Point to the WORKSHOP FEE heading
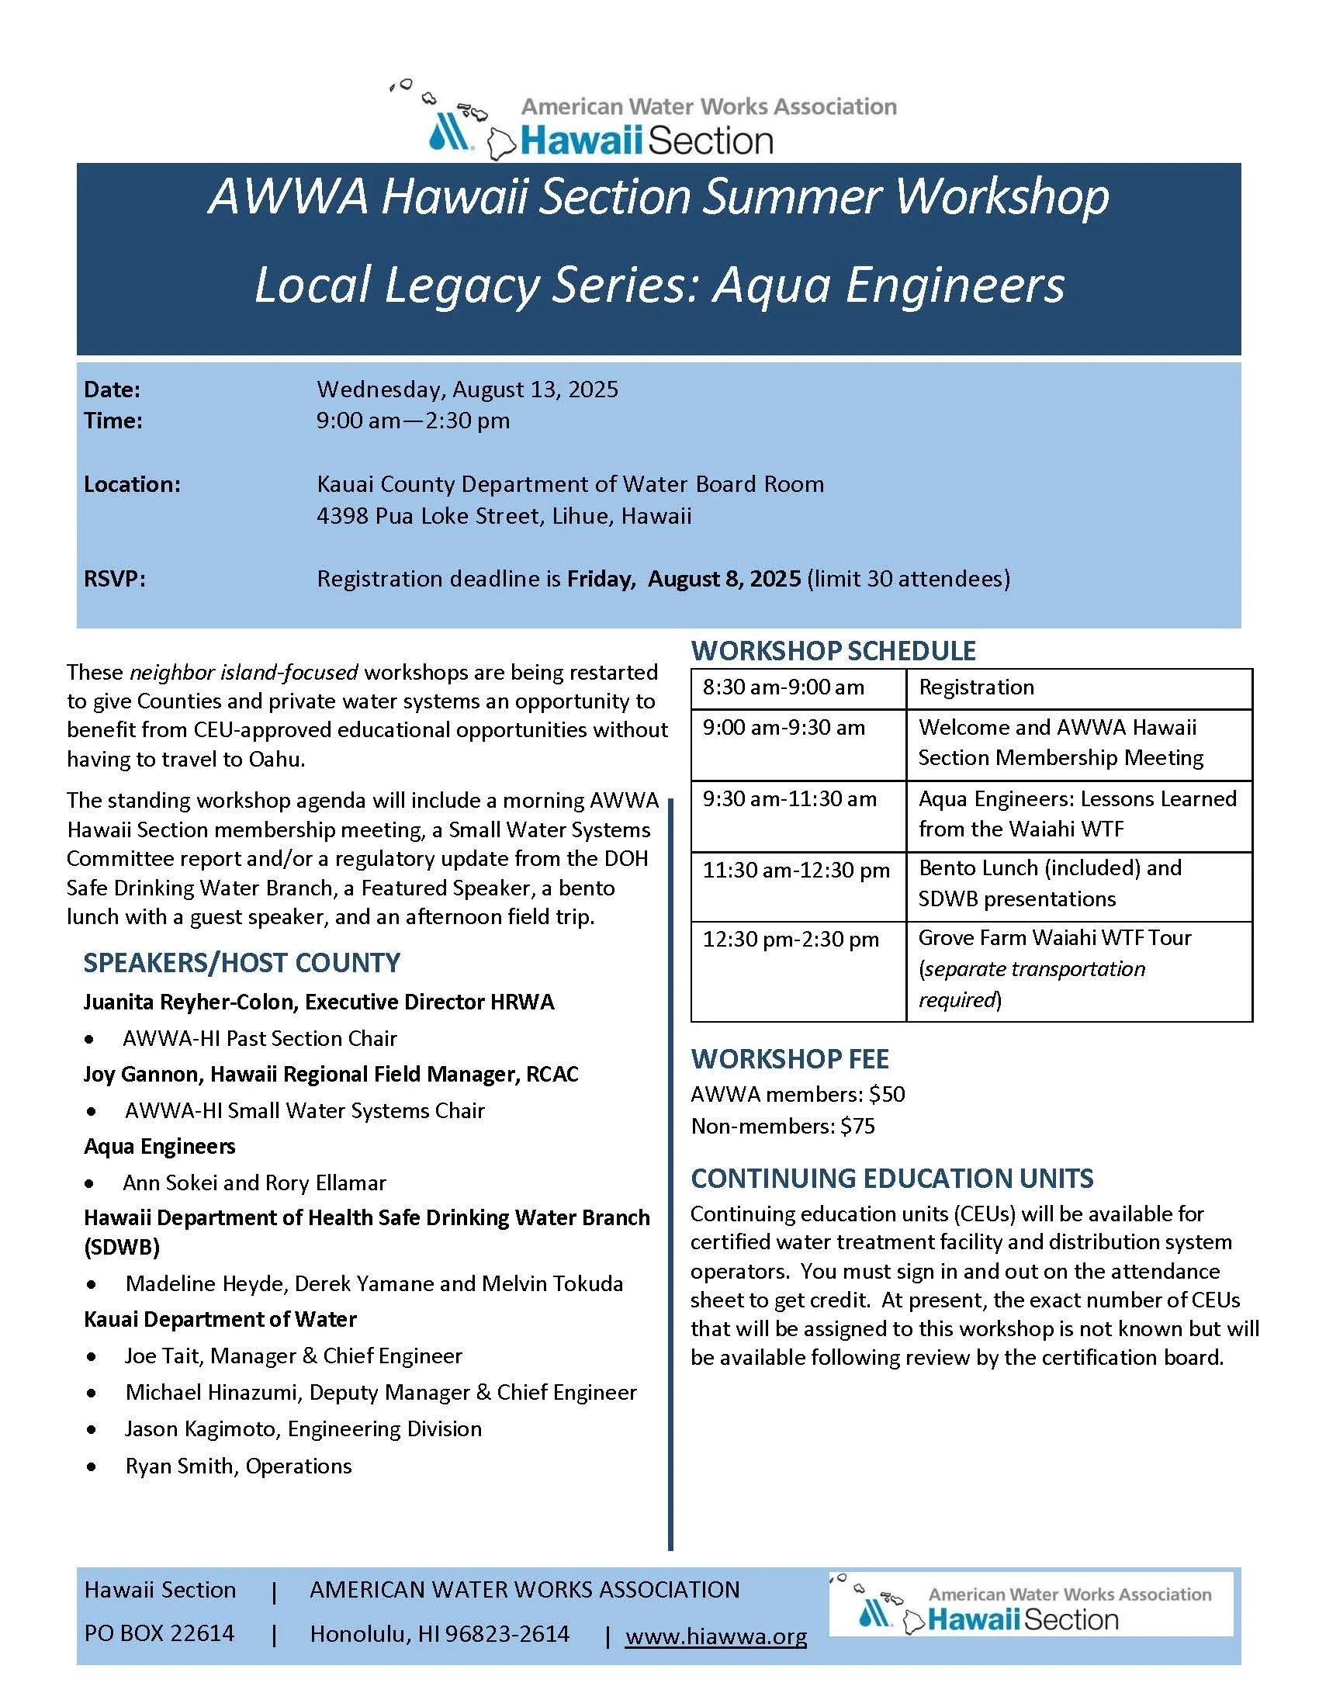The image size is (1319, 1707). click(x=789, y=1058)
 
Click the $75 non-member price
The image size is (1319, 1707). click(x=857, y=1127)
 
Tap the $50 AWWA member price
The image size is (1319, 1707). click(x=887, y=1093)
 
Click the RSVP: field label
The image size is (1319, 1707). click(x=115, y=578)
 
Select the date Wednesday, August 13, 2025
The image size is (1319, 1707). click(x=466, y=390)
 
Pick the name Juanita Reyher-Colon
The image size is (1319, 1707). click(x=190, y=1002)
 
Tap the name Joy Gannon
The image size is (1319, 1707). click(x=143, y=1074)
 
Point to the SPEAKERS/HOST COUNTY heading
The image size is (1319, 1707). click(x=241, y=962)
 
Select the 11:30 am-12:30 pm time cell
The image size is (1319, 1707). click(x=795, y=869)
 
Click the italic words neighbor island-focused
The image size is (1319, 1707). click(x=244, y=672)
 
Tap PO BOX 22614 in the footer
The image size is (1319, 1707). click(x=159, y=1633)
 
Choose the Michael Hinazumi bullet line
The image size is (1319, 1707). click(x=380, y=1393)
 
